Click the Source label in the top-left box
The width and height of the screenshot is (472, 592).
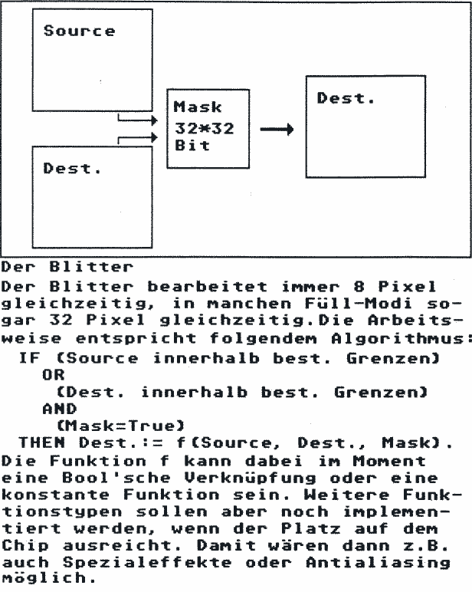[79, 31]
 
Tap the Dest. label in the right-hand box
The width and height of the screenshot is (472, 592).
[346, 98]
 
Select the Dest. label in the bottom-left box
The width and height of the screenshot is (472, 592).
[72, 169]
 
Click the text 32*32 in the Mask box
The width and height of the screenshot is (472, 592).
[204, 129]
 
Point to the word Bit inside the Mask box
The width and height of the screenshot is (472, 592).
[192, 146]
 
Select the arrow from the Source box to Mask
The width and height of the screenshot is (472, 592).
[138, 120]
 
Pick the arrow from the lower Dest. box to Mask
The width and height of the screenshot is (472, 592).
[138, 138]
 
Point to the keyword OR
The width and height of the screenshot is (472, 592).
[53, 376]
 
